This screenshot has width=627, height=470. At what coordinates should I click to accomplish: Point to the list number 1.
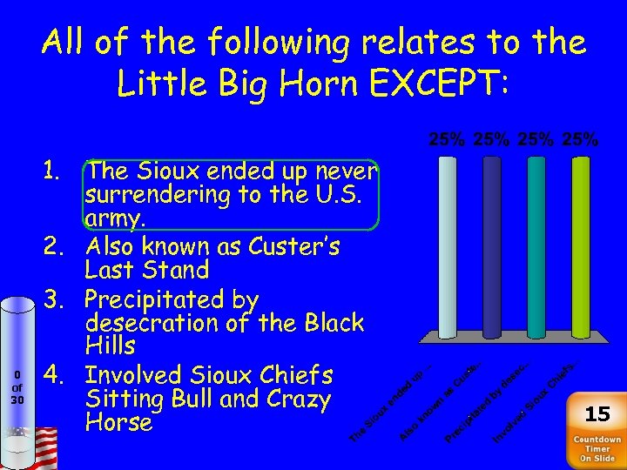coord(62,171)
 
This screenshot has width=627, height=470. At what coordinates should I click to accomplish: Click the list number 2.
coord(62,246)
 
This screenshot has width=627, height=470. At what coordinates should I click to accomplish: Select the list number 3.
coord(62,299)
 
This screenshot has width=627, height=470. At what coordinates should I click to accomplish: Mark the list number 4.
coord(62,375)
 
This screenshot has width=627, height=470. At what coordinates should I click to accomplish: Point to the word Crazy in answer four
coord(297,399)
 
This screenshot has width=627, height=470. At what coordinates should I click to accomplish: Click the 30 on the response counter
coord(17,400)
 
